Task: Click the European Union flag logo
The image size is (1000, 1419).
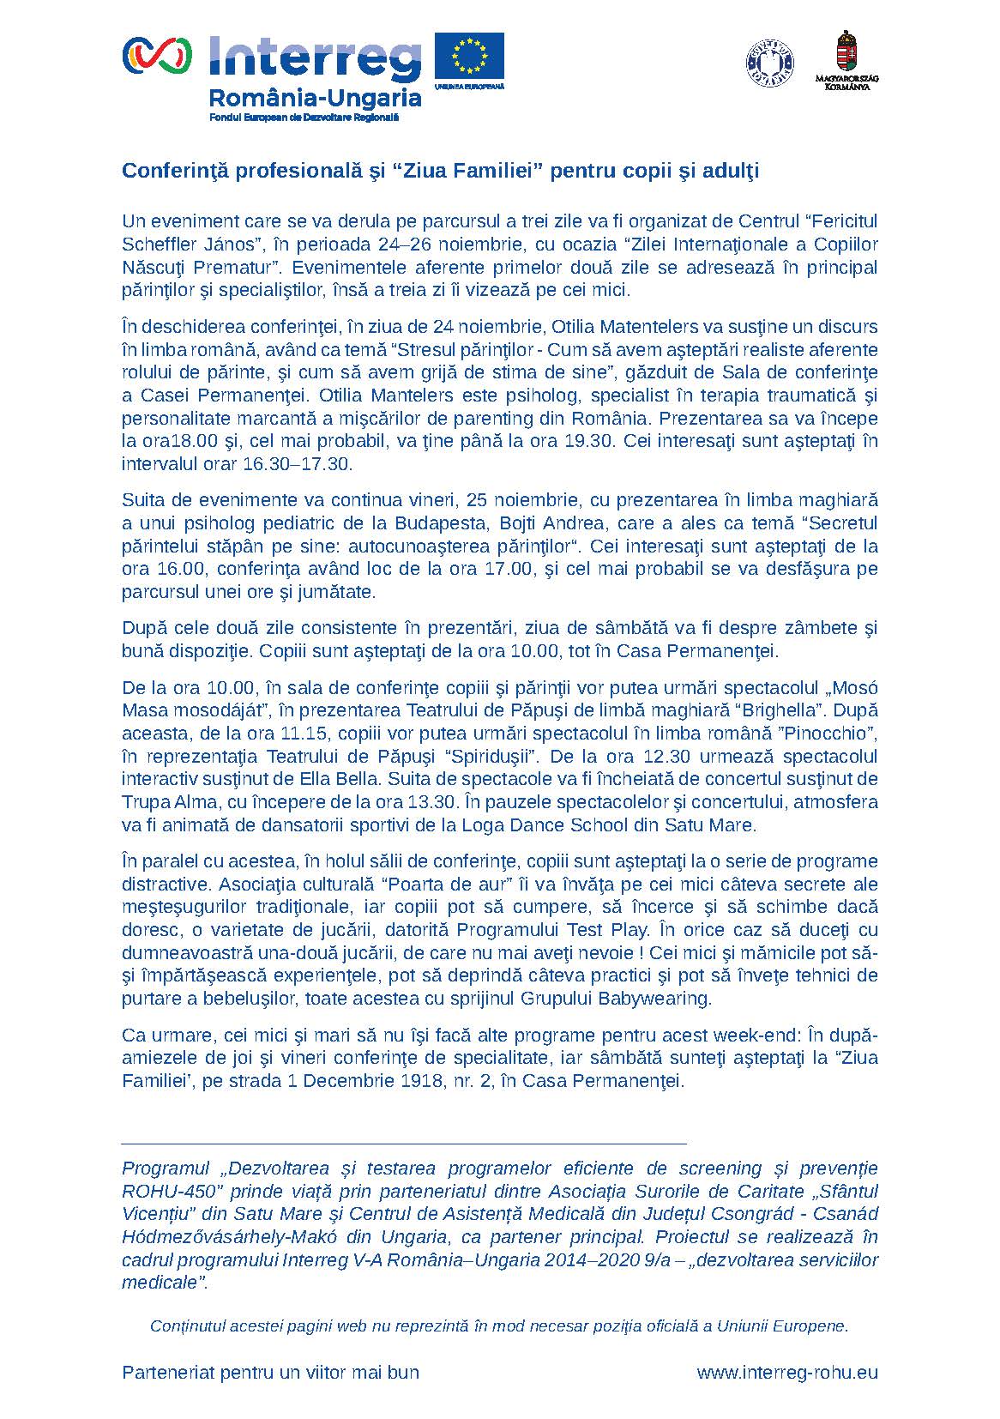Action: [468, 57]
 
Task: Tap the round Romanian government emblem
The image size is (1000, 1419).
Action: [769, 61]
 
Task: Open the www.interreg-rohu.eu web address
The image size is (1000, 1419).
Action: [787, 1372]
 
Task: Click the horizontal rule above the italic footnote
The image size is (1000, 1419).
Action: [404, 1144]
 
